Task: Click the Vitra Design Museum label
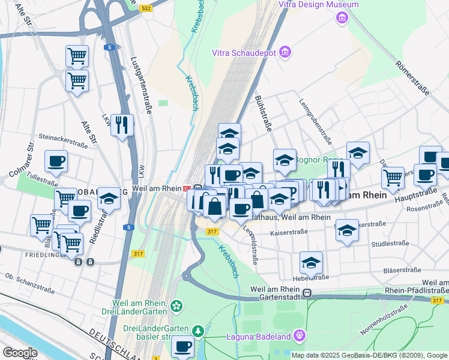pyautogui.click(x=319, y=5)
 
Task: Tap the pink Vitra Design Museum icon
pyautogui.click(x=342, y=17)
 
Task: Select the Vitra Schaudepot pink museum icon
pyautogui.click(x=285, y=53)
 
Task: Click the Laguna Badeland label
pyautogui.click(x=258, y=336)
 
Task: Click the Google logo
pyautogui.click(x=19, y=353)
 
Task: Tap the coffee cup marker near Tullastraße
pyautogui.click(x=56, y=161)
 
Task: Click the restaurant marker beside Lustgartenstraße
pyautogui.click(x=122, y=125)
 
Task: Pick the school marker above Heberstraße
pyautogui.click(x=311, y=262)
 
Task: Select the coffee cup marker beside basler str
pyautogui.click(x=182, y=346)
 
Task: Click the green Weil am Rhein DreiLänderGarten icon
pyautogui.click(x=176, y=306)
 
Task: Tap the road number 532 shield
pyautogui.click(x=145, y=9)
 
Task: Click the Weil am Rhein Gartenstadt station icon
pyautogui.click(x=307, y=293)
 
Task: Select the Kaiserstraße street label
pyautogui.click(x=289, y=232)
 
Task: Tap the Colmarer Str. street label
pyautogui.click(x=22, y=160)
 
